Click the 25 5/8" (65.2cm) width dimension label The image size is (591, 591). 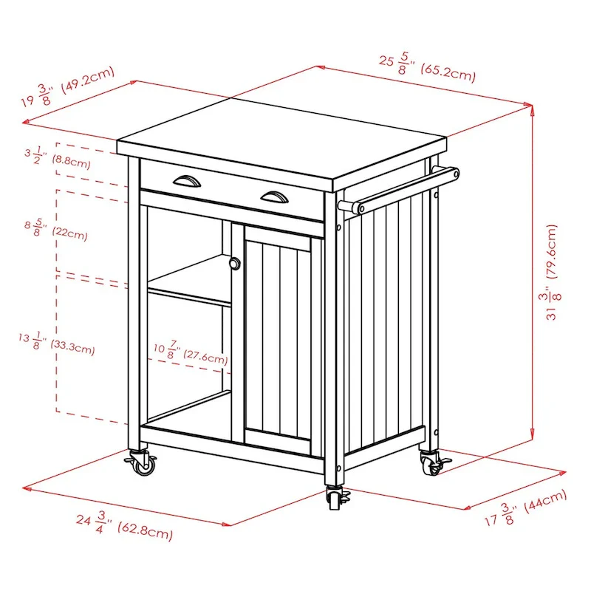(x=427, y=67)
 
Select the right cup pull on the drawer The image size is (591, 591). (x=273, y=195)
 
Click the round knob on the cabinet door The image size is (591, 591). (x=235, y=264)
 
